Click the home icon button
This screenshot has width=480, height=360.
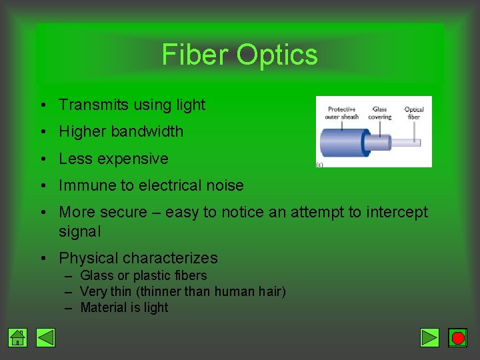(x=18, y=338)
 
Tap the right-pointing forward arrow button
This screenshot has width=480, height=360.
(x=430, y=338)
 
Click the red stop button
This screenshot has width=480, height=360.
(x=457, y=338)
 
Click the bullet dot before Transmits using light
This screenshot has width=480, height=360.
(x=42, y=105)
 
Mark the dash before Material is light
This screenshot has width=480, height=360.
(x=69, y=308)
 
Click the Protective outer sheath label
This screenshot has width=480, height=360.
(x=341, y=113)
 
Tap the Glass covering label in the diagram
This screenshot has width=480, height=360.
(x=380, y=113)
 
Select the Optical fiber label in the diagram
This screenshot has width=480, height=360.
(x=414, y=113)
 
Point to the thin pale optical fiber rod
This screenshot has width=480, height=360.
(x=407, y=142)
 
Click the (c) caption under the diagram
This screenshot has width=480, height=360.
(x=320, y=163)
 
